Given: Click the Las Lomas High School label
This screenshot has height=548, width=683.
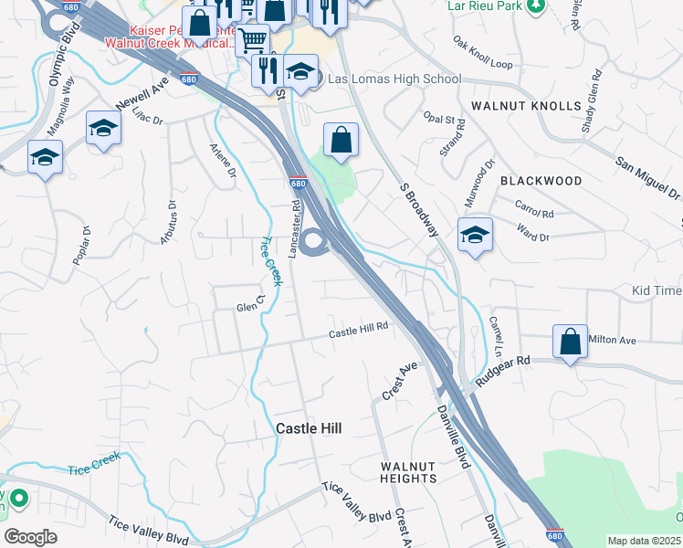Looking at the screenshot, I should [394, 79].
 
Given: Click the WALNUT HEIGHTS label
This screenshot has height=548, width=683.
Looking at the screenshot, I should [408, 472].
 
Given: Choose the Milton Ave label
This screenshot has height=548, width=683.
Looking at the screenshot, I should [612, 340].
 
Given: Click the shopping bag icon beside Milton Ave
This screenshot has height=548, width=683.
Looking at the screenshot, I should [570, 342].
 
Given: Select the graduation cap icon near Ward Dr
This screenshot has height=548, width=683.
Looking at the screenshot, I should [475, 235].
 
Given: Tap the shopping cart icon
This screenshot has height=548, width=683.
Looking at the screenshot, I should [253, 40].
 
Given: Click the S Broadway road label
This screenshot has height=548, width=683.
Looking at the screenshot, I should [420, 208].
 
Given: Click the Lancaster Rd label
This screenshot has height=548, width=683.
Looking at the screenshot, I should [295, 228].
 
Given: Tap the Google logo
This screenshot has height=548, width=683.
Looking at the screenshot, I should [30, 537].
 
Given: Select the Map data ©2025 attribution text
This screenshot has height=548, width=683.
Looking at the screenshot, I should [644, 541].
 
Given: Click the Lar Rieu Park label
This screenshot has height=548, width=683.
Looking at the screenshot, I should [486, 5].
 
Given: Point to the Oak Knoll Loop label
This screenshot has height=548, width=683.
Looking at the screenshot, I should [482, 53].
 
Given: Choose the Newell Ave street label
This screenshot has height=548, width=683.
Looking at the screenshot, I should [142, 92].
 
